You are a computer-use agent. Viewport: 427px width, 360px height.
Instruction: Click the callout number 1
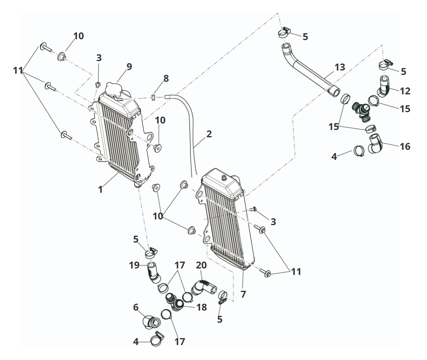(x=100, y=189)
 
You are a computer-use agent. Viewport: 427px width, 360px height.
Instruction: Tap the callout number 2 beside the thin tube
(x=209, y=134)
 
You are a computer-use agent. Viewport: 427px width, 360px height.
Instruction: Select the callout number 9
(x=129, y=66)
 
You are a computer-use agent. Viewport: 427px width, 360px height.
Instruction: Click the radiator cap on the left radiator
(x=112, y=88)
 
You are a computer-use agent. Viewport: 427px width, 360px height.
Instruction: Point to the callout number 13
(x=339, y=67)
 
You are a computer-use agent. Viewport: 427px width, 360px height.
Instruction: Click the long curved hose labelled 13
(x=308, y=69)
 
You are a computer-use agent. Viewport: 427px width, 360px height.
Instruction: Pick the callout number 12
(x=405, y=91)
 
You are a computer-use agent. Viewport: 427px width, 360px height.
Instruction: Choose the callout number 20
(x=201, y=265)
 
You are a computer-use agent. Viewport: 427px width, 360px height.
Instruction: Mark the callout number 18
(x=201, y=307)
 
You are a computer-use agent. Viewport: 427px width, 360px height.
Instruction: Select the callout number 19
(x=135, y=265)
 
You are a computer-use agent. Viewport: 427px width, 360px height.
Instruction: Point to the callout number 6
(x=136, y=307)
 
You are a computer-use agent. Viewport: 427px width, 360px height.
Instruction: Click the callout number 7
(x=243, y=294)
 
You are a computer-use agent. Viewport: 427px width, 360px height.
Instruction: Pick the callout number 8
(x=166, y=78)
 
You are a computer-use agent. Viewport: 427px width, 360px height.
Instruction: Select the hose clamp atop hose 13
(x=285, y=32)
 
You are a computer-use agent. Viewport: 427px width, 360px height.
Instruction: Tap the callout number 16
(x=405, y=146)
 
